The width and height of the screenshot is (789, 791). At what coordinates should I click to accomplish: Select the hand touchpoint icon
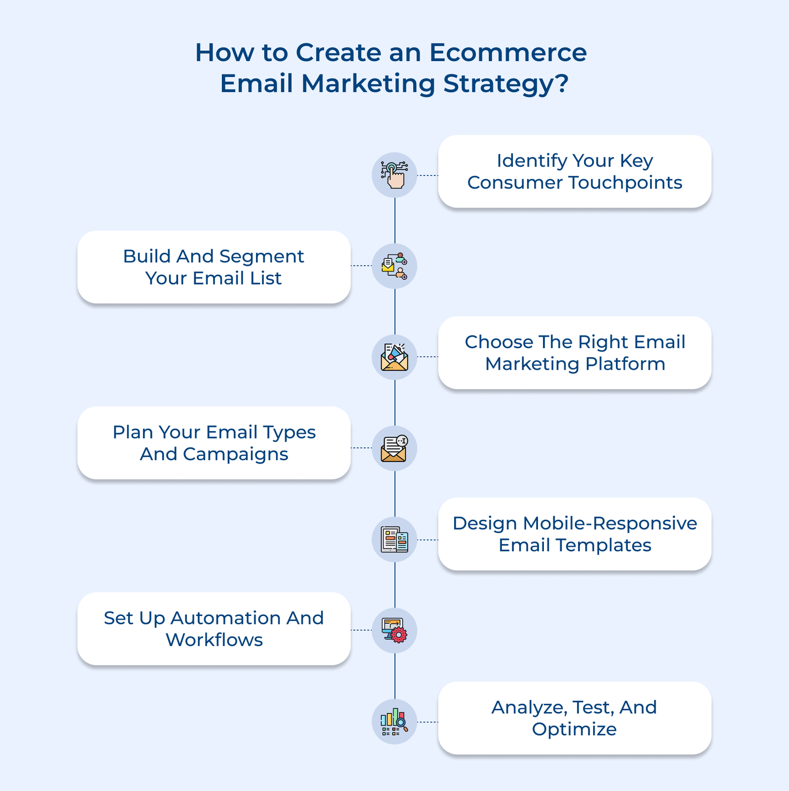pyautogui.click(x=394, y=175)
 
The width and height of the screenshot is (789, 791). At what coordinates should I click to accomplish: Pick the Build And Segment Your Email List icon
pyautogui.click(x=394, y=266)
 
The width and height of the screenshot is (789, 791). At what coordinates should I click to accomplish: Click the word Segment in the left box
pyautogui.click(x=261, y=256)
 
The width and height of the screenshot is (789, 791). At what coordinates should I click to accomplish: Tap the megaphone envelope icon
pyautogui.click(x=394, y=357)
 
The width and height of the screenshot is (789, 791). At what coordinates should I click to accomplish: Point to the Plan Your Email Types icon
pyautogui.click(x=394, y=448)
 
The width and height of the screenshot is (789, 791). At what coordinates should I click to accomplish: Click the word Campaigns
pyautogui.click(x=235, y=454)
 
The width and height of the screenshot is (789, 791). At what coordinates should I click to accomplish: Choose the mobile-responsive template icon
pyautogui.click(x=394, y=539)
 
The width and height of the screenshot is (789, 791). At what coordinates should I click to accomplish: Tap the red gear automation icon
pyautogui.click(x=394, y=631)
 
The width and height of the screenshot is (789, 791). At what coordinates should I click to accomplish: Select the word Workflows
pyautogui.click(x=214, y=640)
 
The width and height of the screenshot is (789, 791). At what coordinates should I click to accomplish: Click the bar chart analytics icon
pyautogui.click(x=394, y=722)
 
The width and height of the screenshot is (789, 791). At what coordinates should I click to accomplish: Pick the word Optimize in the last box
pyautogui.click(x=574, y=729)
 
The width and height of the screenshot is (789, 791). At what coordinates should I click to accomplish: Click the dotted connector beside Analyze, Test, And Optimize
pyautogui.click(x=428, y=722)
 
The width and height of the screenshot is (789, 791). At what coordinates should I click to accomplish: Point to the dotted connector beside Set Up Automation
pyautogui.click(x=361, y=630)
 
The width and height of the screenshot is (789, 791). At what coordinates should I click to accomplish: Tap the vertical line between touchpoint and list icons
pyautogui.click(x=394, y=220)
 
